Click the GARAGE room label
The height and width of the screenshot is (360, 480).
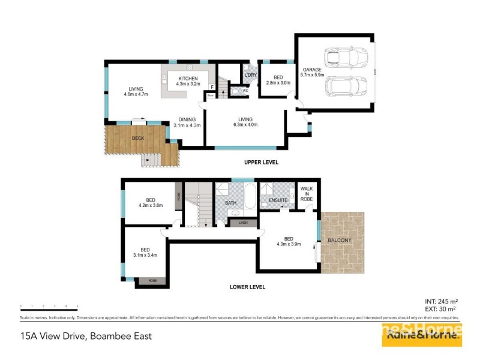[311, 70]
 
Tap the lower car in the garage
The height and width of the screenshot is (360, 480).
[346, 88]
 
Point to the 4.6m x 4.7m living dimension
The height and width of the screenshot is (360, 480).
[136, 94]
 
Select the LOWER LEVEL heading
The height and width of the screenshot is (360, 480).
[247, 287]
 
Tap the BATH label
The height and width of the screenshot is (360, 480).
[231, 203]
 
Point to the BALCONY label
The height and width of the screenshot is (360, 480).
[340, 241]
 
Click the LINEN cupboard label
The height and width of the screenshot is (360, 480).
[242, 223]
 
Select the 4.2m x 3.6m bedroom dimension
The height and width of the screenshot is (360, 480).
[150, 205]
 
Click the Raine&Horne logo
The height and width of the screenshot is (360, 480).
[422, 336]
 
